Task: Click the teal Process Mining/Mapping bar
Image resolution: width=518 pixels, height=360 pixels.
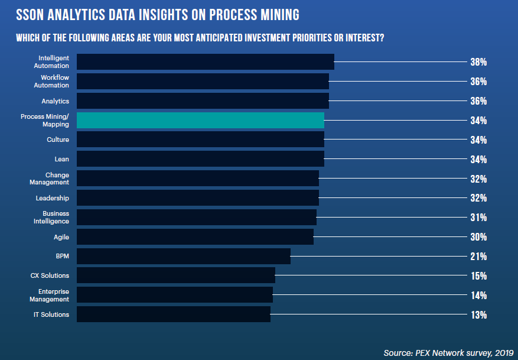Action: click(x=200, y=120)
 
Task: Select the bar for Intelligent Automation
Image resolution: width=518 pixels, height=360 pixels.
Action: click(x=205, y=62)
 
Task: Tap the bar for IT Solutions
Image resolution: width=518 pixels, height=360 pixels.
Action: click(x=173, y=314)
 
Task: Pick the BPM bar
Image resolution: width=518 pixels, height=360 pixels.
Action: click(x=183, y=256)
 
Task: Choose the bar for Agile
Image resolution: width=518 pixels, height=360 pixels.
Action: click(x=195, y=237)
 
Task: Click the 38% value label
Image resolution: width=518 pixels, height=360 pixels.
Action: click(x=478, y=62)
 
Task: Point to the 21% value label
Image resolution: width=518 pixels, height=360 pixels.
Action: click(x=478, y=257)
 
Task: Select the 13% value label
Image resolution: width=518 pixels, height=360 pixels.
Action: click(x=478, y=314)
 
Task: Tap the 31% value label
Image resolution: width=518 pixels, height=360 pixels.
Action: click(x=478, y=218)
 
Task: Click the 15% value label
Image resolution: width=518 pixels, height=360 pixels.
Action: click(x=478, y=276)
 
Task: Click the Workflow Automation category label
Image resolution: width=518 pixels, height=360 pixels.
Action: click(x=54, y=82)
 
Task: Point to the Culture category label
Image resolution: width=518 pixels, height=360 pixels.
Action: click(x=58, y=140)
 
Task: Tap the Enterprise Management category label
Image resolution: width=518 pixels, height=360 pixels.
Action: click(x=53, y=295)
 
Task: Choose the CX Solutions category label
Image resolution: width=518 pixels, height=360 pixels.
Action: click(x=50, y=275)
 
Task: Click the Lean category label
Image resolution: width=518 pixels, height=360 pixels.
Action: click(x=61, y=159)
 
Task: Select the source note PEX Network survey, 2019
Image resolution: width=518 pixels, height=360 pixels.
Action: click(x=448, y=352)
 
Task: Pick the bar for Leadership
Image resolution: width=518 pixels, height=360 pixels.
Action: click(x=197, y=198)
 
